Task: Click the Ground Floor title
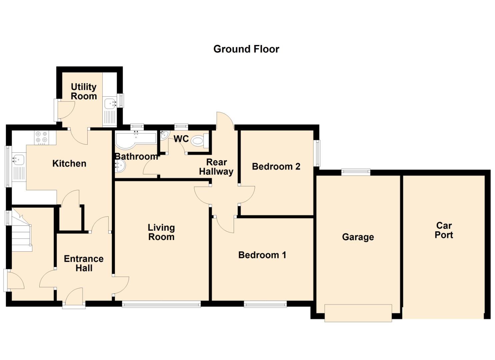tap(246, 49)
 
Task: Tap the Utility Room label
tap(84, 91)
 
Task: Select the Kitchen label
tap(69, 164)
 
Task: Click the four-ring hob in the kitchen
tap(42, 137)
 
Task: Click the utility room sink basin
tap(110, 104)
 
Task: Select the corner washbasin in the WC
tap(165, 135)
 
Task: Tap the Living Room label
tap(161, 232)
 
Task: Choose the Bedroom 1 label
tap(262, 255)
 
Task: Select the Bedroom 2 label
tap(276, 166)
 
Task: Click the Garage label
tap(358, 237)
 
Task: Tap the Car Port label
tap(444, 230)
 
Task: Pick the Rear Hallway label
tap(216, 167)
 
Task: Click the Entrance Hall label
tap(84, 263)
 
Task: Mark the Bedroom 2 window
tap(318, 153)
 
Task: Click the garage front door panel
tap(358, 313)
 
